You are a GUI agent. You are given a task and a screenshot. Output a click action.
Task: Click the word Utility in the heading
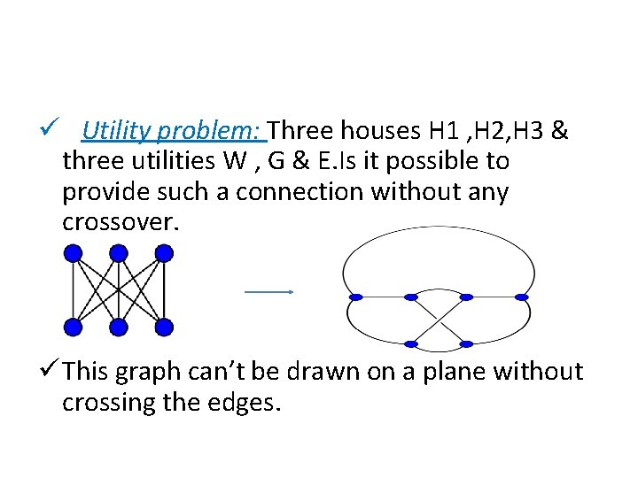113,132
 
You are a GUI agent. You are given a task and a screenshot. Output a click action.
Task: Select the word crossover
121,222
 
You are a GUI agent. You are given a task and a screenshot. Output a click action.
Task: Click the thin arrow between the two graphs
268,291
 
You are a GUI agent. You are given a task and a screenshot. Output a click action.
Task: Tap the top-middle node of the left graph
118,254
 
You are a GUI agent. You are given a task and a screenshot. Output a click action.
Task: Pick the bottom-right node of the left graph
164,328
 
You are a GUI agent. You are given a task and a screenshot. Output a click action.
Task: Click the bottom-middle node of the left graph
118,328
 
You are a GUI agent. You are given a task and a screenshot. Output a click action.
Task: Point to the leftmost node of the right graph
355,297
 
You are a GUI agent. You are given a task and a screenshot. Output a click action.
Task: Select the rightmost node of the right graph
522,297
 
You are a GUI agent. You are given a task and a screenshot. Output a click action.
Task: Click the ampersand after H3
559,132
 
